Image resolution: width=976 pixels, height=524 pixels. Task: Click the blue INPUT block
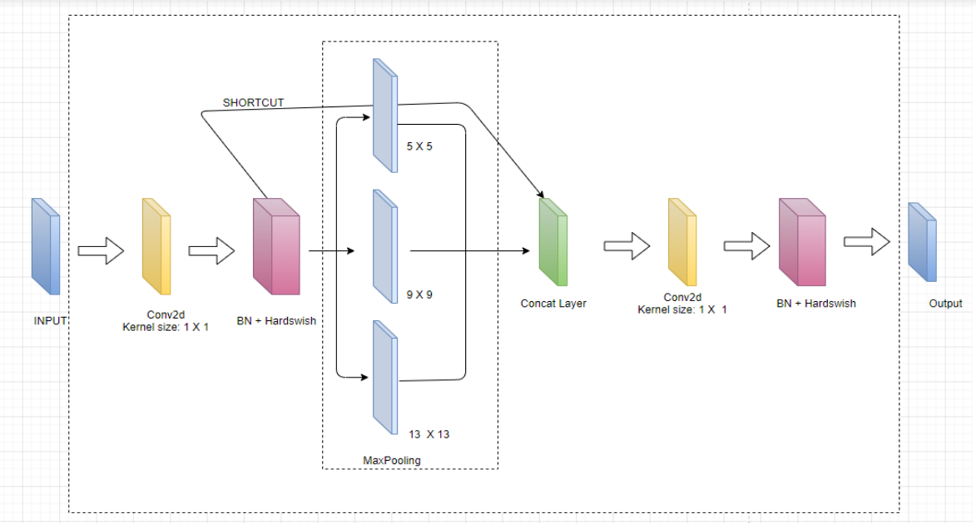tap(46, 246)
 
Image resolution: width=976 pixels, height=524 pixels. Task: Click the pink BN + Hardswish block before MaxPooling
tap(275, 246)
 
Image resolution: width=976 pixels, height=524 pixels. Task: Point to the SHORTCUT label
tap(253, 103)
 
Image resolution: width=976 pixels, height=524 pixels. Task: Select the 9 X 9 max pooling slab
tap(384, 248)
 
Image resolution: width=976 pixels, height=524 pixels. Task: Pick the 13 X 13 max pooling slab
tap(384, 378)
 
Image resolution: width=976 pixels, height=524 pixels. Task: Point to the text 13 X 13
tap(429, 434)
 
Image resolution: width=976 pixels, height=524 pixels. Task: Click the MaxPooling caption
tap(392, 460)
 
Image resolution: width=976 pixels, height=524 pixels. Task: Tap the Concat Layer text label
tap(553, 304)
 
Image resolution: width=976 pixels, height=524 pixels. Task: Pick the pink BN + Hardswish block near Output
tap(802, 242)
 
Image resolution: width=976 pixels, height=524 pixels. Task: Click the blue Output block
tap(922, 242)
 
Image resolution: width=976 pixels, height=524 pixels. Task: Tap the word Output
tap(945, 304)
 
